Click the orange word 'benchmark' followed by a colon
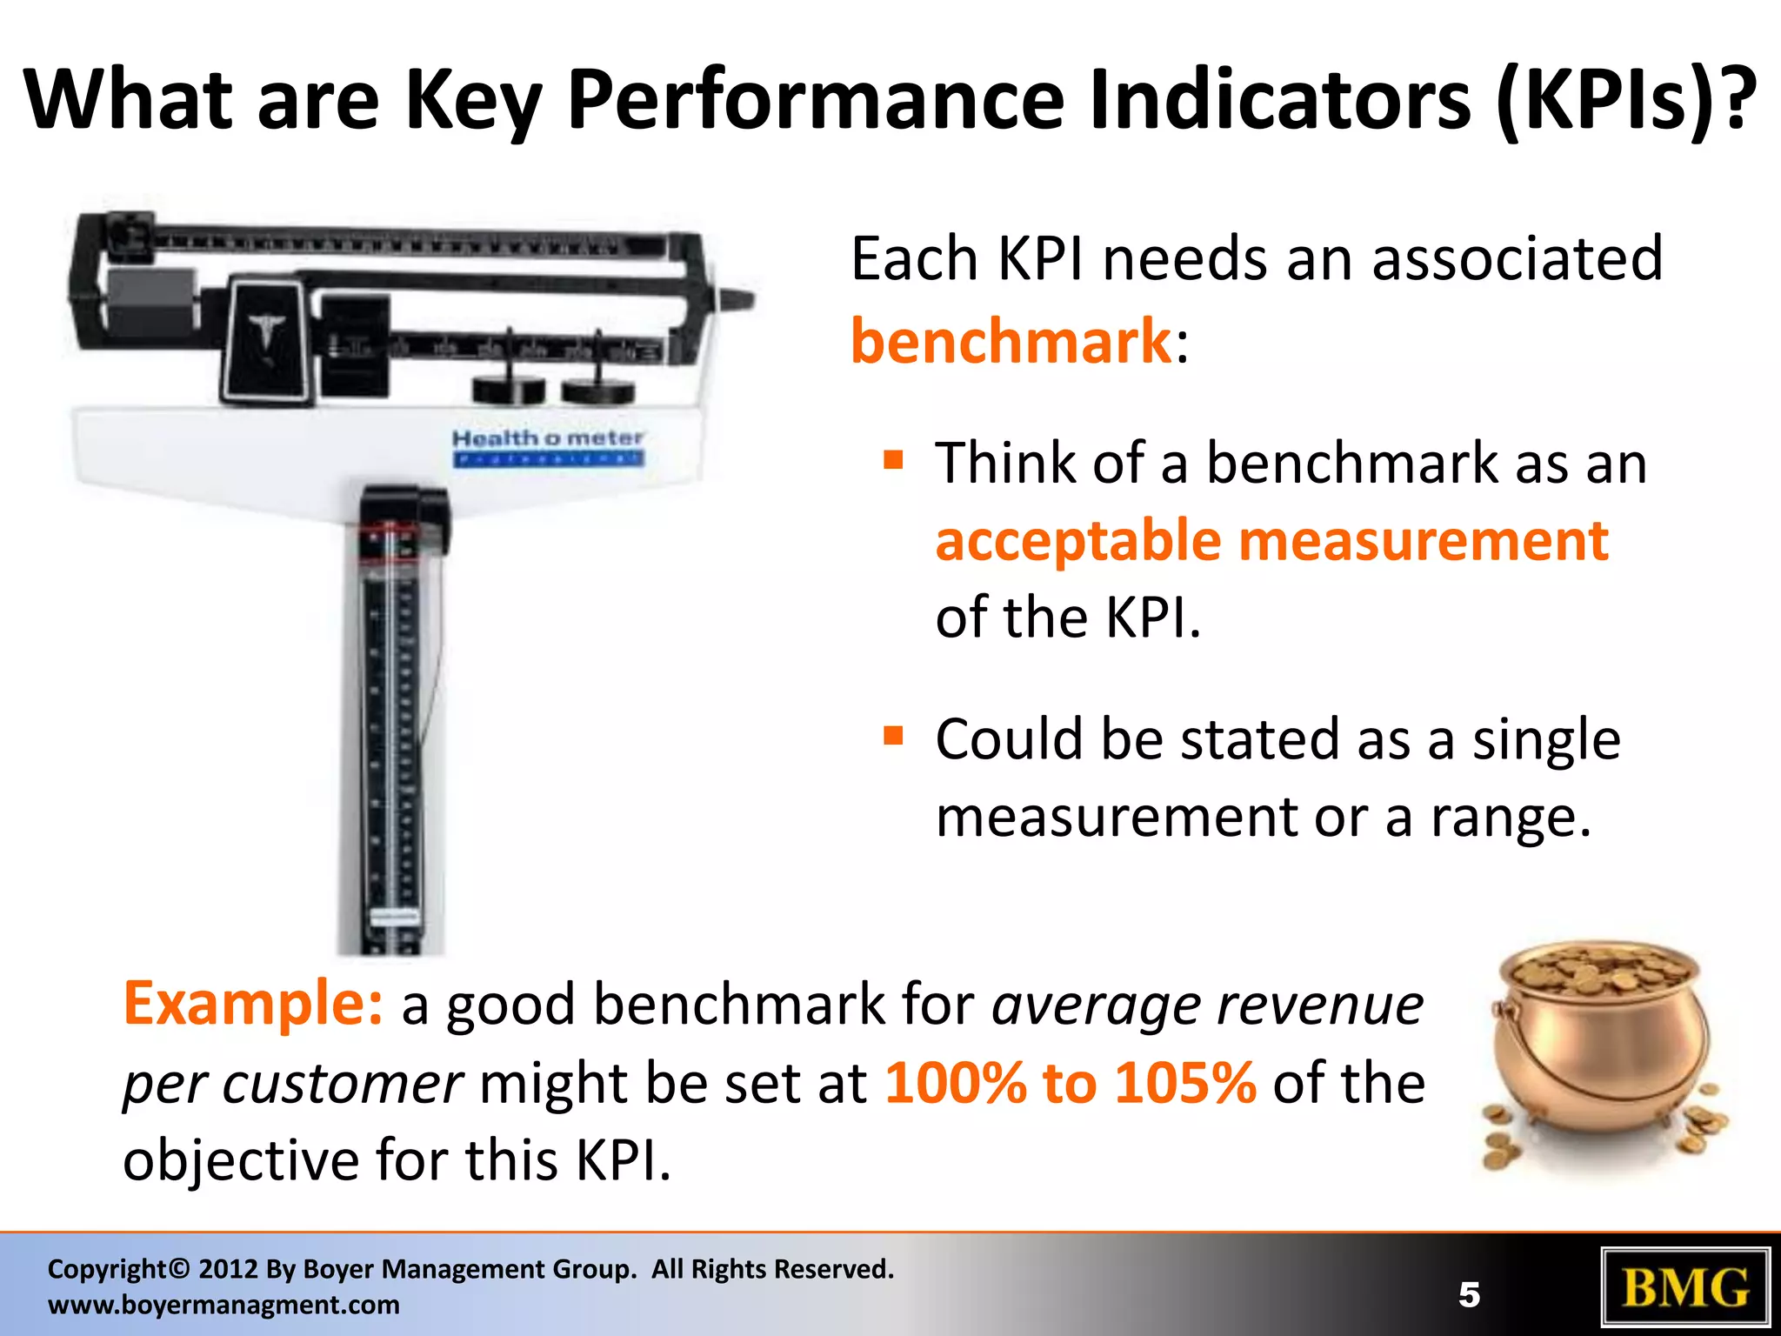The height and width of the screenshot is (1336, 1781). click(x=1011, y=341)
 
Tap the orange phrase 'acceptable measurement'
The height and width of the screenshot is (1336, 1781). click(x=1271, y=541)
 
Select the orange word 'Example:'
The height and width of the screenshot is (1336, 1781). click(x=252, y=1004)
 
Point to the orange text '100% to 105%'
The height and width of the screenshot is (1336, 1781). click(x=1071, y=1083)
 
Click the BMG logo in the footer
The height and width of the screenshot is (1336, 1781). click(x=1684, y=1287)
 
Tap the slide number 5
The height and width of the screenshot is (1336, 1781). click(x=1469, y=1295)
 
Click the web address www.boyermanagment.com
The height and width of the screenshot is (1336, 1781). click(x=223, y=1305)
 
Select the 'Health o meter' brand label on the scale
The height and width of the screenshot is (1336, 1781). click(x=548, y=438)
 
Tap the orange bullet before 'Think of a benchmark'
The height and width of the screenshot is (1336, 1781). click(x=893, y=459)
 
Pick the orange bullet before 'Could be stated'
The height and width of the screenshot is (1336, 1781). click(x=893, y=737)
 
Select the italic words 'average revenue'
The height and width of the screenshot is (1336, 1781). click(x=1207, y=1005)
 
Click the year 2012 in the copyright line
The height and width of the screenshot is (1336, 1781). click(x=228, y=1269)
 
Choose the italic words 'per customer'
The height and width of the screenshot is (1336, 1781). click(x=292, y=1085)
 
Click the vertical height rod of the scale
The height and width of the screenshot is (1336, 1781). click(x=391, y=739)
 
